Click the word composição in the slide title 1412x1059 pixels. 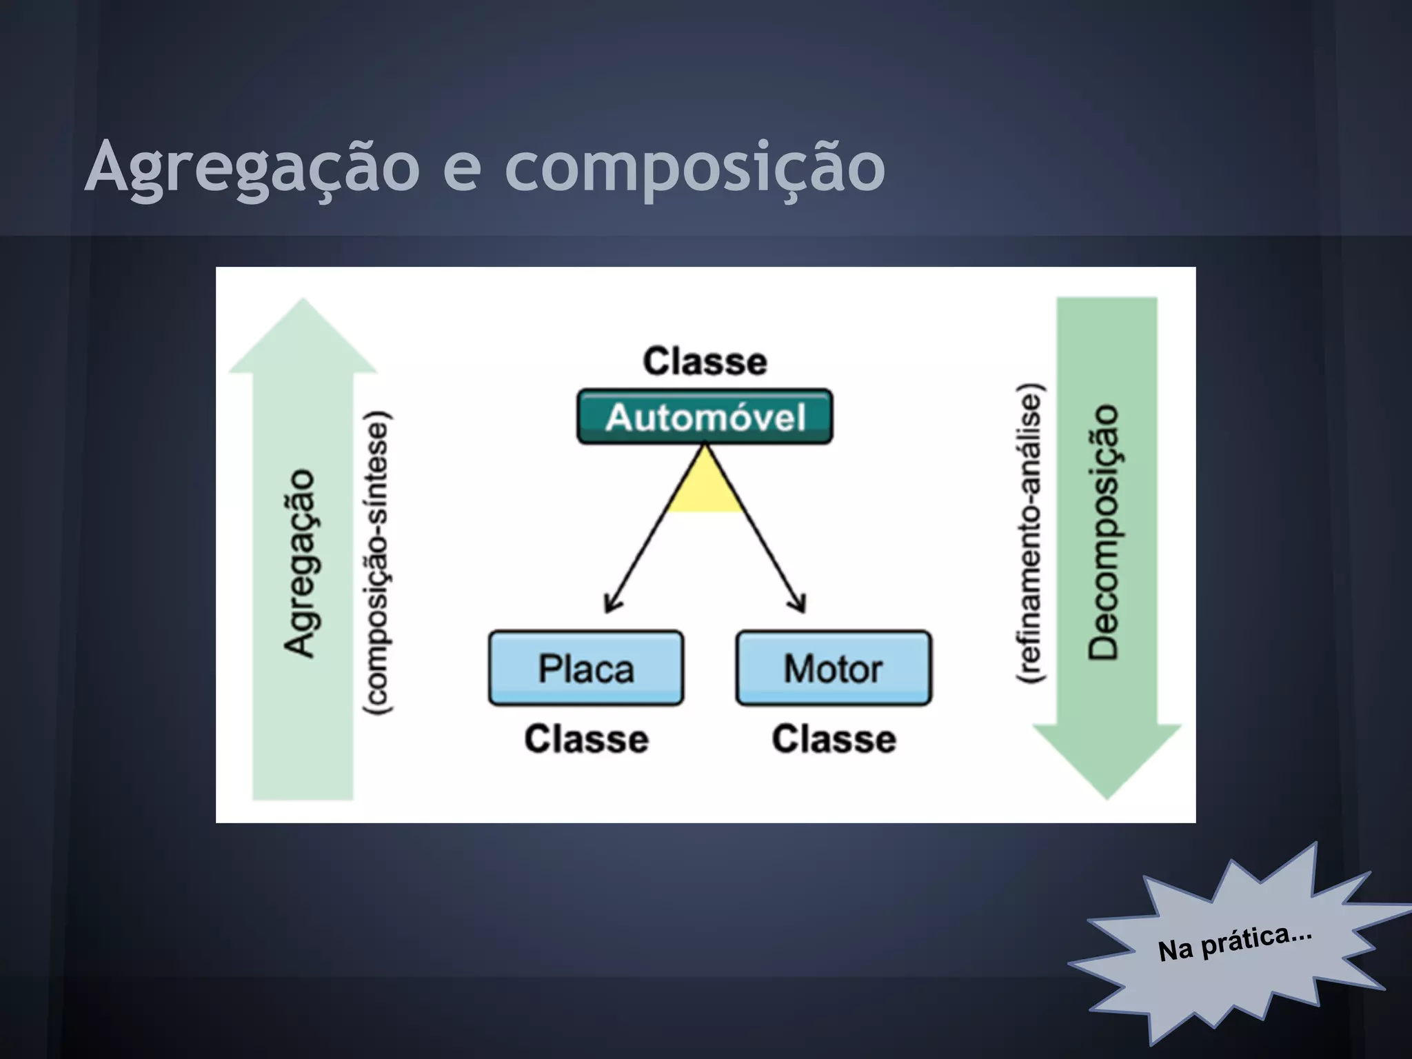coord(695,167)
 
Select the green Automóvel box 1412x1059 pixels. coord(705,417)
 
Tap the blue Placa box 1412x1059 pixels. coord(586,668)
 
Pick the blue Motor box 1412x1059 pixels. coord(834,668)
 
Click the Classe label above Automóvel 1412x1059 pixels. coord(705,361)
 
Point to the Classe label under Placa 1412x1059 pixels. coord(586,739)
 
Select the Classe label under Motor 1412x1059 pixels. coord(834,739)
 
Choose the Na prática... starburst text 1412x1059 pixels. coord(1234,943)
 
